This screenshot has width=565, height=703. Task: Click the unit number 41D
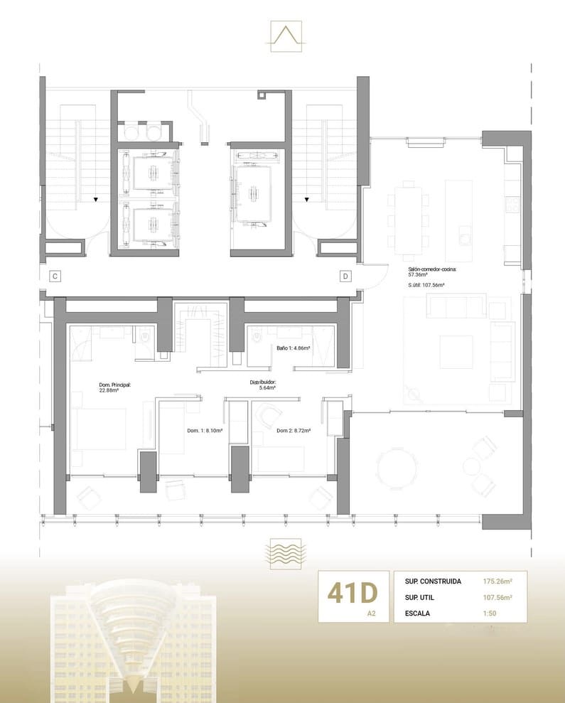352,592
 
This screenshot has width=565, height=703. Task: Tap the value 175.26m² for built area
499,581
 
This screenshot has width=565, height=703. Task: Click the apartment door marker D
345,276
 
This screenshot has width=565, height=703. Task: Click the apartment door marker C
54,276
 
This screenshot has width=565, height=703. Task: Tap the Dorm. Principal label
115,387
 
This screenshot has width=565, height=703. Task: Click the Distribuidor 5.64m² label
262,385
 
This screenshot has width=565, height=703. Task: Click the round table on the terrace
399,469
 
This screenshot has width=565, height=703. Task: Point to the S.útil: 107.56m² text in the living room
426,285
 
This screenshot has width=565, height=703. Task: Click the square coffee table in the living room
456,352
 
